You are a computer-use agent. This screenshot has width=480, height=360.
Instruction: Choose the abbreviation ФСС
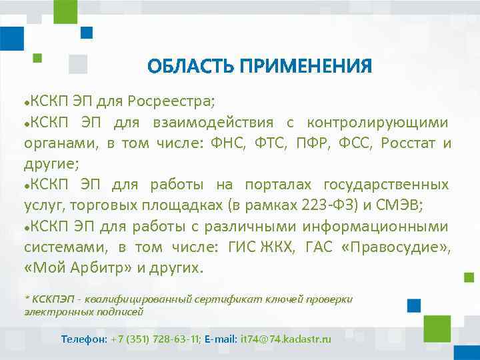358,143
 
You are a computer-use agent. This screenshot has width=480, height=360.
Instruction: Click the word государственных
386,184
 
